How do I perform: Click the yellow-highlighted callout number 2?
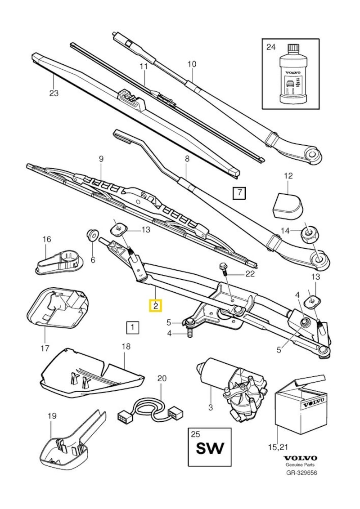[155, 306]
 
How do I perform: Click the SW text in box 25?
[209, 449]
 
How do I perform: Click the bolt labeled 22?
[224, 268]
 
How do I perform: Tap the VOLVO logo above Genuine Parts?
[300, 458]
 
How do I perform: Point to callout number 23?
[54, 94]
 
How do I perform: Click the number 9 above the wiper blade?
[101, 159]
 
